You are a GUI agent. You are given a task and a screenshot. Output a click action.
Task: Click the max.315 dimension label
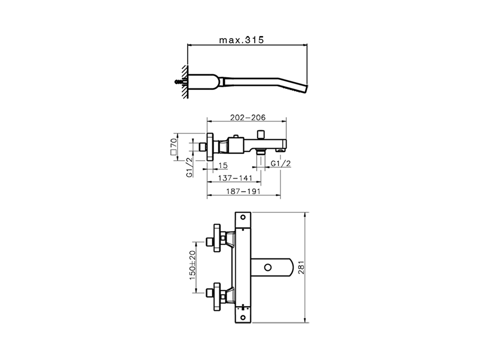pyautogui.click(x=241, y=39)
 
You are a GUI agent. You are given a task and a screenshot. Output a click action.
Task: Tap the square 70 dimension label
pyautogui.click(x=173, y=147)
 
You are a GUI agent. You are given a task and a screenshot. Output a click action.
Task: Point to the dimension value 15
pyautogui.click(x=223, y=165)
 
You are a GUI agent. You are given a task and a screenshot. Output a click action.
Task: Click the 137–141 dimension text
pyautogui.click(x=235, y=178)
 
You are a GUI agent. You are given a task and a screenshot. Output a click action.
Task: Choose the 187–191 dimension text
pyautogui.click(x=243, y=191)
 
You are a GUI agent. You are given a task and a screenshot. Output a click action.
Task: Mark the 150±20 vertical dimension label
pyautogui.click(x=192, y=265)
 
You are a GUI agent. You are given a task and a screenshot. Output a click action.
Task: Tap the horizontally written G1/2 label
pyautogui.click(x=281, y=163)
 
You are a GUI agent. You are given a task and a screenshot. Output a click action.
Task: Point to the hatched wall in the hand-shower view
pyautogui.click(x=185, y=82)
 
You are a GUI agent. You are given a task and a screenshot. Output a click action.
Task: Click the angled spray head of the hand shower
pyautogui.click(x=302, y=88)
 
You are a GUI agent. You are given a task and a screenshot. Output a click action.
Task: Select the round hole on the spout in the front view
pyautogui.click(x=267, y=267)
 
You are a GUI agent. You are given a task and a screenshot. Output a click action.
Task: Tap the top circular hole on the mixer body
pyautogui.click(x=243, y=217)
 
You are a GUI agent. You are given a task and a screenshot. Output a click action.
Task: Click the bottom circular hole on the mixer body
pyautogui.click(x=243, y=317)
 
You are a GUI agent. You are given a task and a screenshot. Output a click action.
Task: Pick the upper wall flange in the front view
pyautogui.click(x=217, y=238)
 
